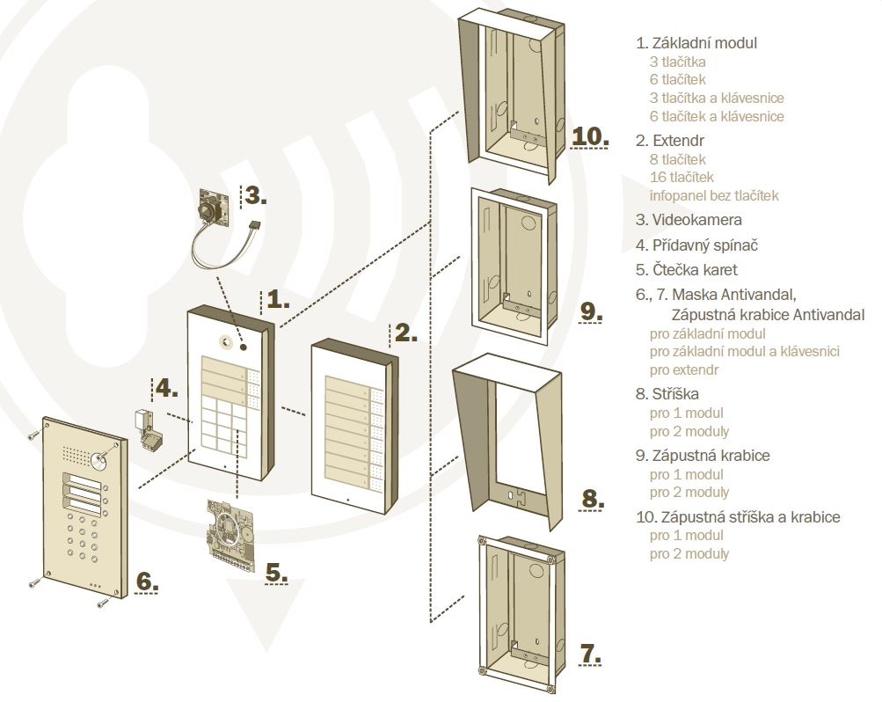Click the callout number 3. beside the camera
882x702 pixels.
[x=255, y=195]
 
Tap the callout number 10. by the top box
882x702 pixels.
[x=590, y=136]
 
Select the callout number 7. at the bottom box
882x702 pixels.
[x=591, y=654]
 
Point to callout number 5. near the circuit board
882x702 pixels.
[x=276, y=573]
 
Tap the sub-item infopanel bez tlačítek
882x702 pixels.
[x=714, y=196]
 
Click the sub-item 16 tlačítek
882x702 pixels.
[x=682, y=177]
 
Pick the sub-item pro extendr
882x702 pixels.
[x=684, y=370]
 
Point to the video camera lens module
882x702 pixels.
[x=213, y=210]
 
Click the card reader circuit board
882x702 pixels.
[x=230, y=533]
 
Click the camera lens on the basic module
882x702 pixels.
[x=226, y=340]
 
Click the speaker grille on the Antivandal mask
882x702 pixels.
[x=76, y=454]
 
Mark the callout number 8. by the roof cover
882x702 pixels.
[x=592, y=499]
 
